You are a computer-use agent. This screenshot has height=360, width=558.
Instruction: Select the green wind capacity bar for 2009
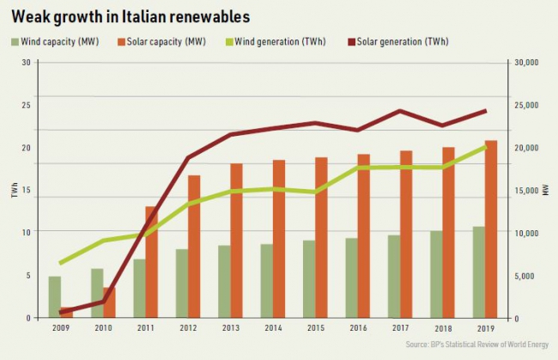point(54,296)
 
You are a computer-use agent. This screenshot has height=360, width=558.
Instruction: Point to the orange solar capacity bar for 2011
point(151,262)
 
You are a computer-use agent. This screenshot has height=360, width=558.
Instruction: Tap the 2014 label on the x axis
point(272,329)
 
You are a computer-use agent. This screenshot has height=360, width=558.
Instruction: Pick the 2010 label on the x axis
point(104,329)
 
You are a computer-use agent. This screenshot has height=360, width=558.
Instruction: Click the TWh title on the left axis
point(15,190)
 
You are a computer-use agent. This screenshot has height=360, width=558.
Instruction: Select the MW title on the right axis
point(545,190)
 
